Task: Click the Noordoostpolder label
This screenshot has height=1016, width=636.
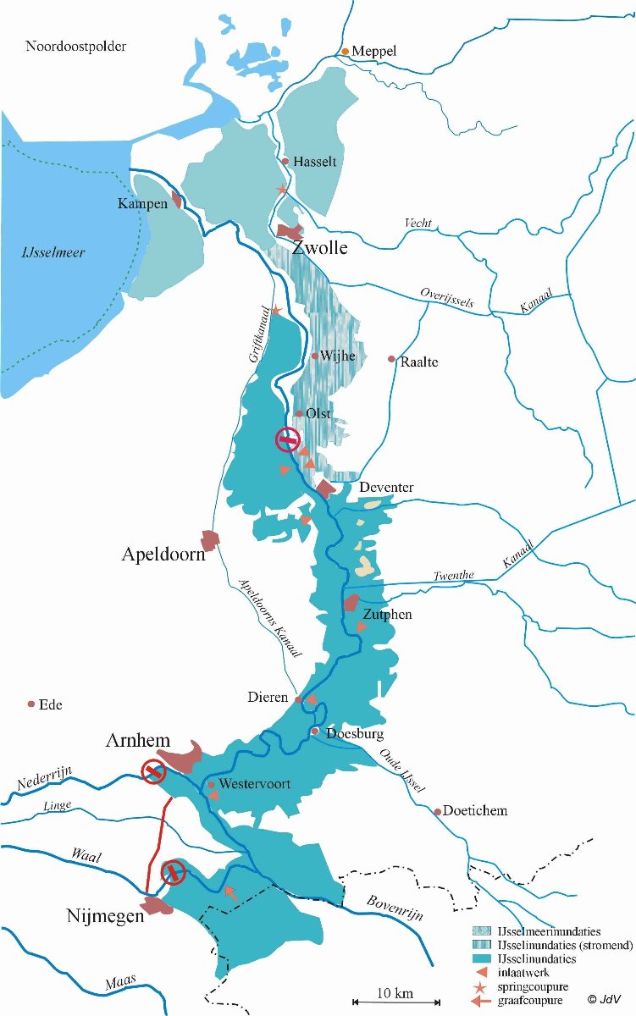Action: pos(76,46)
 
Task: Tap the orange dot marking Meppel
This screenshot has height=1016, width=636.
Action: pos(345,52)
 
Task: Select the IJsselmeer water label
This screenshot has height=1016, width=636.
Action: pos(53,252)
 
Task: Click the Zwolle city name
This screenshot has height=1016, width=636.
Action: pos(320,248)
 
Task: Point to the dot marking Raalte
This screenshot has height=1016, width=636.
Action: pos(391,359)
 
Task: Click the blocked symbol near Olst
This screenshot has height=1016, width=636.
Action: pos(288,439)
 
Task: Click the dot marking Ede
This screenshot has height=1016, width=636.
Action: pos(31,704)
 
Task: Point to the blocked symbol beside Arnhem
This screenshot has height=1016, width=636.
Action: pos(153,771)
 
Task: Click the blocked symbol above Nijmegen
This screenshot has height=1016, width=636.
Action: pos(174,871)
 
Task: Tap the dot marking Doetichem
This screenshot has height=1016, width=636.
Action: pos(438,811)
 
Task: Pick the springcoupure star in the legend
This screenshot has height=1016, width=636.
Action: pos(481,987)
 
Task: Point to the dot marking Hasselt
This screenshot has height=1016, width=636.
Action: pos(285,161)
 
